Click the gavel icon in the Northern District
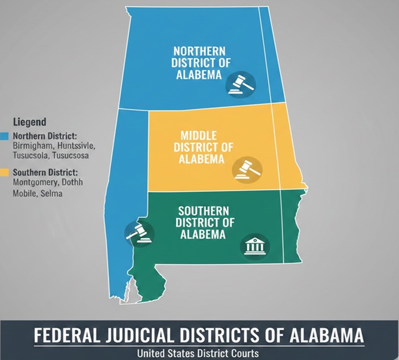tap(241, 83)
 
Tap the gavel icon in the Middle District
tap(246, 168)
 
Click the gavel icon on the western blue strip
tap(139, 233)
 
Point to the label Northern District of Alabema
tap(199, 63)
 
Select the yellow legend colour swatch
tap(4, 173)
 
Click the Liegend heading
tap(29, 121)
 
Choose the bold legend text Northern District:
tap(45, 136)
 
